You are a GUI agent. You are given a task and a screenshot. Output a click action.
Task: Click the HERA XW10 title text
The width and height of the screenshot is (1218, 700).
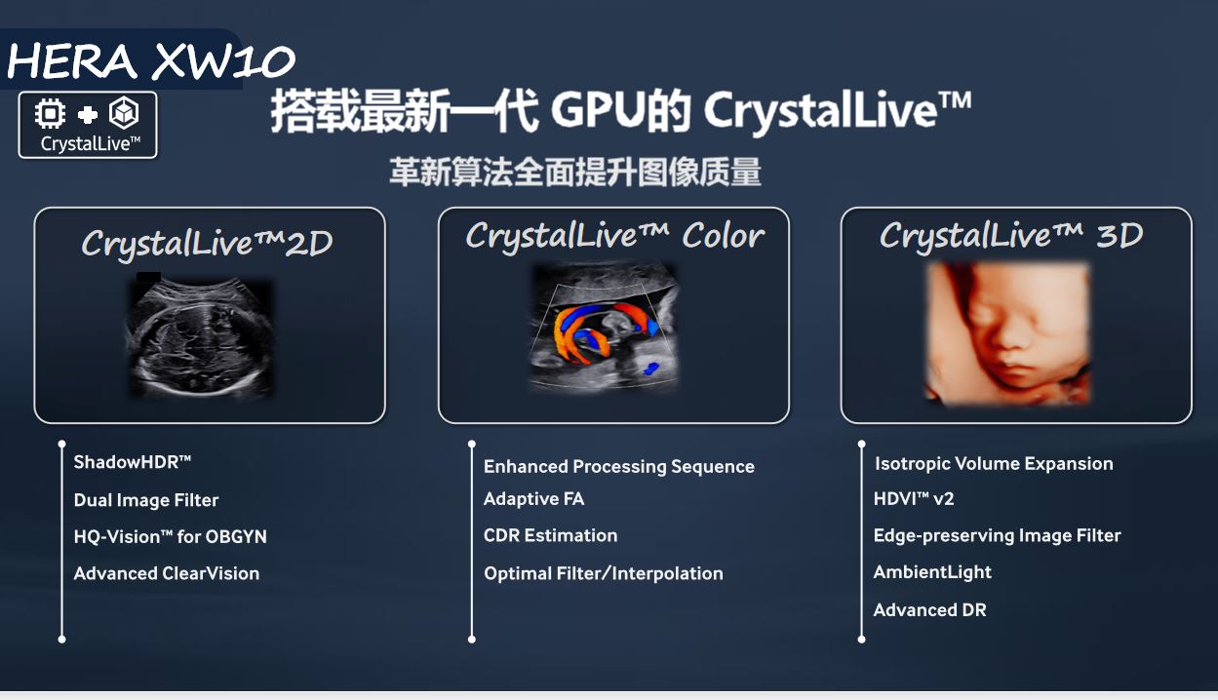click(x=151, y=60)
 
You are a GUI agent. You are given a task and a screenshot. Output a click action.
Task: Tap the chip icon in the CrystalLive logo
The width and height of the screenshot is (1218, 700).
click(x=50, y=114)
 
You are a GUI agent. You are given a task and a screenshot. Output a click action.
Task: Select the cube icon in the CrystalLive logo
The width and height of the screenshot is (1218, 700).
click(x=125, y=112)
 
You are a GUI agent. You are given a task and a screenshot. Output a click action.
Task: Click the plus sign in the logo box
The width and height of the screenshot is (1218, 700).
click(x=88, y=115)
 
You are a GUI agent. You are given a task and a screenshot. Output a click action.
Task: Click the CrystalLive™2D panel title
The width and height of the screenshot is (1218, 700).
click(x=207, y=243)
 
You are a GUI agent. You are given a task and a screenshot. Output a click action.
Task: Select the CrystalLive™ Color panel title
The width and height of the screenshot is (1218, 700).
click(x=615, y=236)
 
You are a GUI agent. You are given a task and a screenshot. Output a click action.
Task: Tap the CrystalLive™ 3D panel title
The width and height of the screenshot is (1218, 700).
click(x=1011, y=236)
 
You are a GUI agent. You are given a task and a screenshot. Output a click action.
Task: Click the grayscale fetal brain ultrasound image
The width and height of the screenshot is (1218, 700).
click(x=200, y=337)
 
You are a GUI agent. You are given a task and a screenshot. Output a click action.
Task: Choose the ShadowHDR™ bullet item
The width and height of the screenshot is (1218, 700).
click(x=132, y=462)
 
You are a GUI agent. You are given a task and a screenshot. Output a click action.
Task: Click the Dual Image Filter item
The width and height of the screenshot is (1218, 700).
click(x=145, y=500)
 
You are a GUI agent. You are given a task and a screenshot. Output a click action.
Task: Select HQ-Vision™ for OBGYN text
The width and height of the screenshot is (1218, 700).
click(x=171, y=537)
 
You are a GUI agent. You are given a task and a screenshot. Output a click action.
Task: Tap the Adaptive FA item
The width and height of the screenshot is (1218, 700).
click(x=534, y=499)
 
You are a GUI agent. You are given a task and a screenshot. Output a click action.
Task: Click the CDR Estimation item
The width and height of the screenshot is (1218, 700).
click(x=550, y=535)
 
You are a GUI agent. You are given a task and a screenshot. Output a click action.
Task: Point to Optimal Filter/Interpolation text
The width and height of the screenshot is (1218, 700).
click(x=604, y=573)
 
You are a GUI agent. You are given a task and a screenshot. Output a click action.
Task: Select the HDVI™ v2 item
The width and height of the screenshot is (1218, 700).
click(x=914, y=499)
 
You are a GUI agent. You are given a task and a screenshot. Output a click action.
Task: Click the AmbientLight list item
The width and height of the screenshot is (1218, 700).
click(x=932, y=572)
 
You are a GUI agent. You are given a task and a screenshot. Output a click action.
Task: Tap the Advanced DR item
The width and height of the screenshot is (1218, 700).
click(x=929, y=609)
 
